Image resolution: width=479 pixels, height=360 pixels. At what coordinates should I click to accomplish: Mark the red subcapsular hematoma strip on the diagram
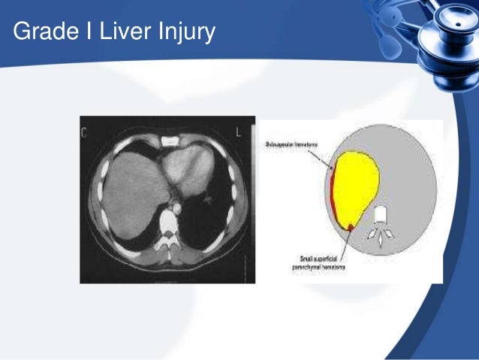pos(333,195)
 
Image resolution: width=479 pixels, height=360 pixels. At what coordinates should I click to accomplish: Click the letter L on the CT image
pos(236,133)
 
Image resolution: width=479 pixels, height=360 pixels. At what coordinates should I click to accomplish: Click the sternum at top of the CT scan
pos(170,141)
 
